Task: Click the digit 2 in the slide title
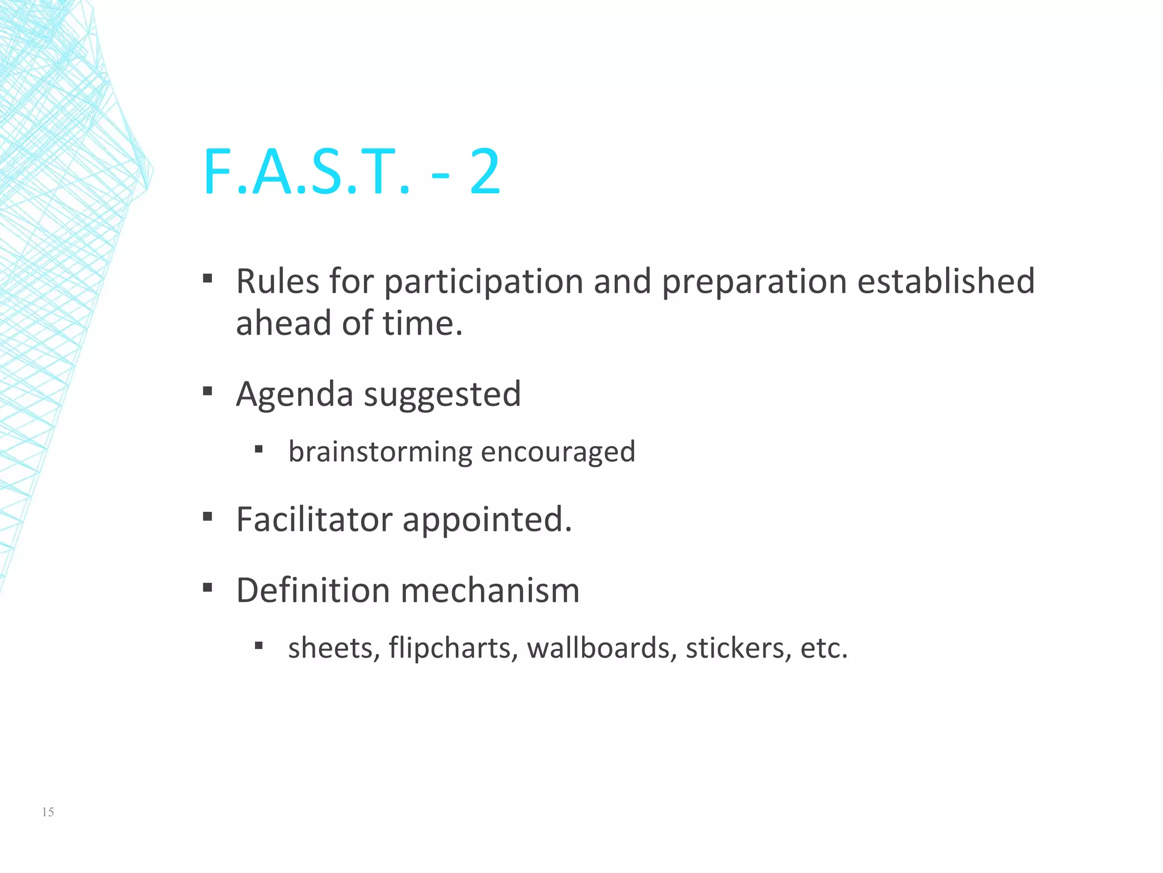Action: (485, 172)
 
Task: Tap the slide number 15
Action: (48, 812)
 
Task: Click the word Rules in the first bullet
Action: (277, 281)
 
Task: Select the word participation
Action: (484, 282)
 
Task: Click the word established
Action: (946, 281)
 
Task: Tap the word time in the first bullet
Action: (422, 323)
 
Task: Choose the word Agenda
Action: (295, 395)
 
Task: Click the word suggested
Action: (442, 395)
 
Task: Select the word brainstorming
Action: (380, 452)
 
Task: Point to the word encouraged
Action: (558, 452)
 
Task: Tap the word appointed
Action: (487, 521)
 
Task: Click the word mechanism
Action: (490, 590)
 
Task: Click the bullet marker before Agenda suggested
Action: (208, 392)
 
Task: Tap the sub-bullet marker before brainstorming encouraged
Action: (259, 450)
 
